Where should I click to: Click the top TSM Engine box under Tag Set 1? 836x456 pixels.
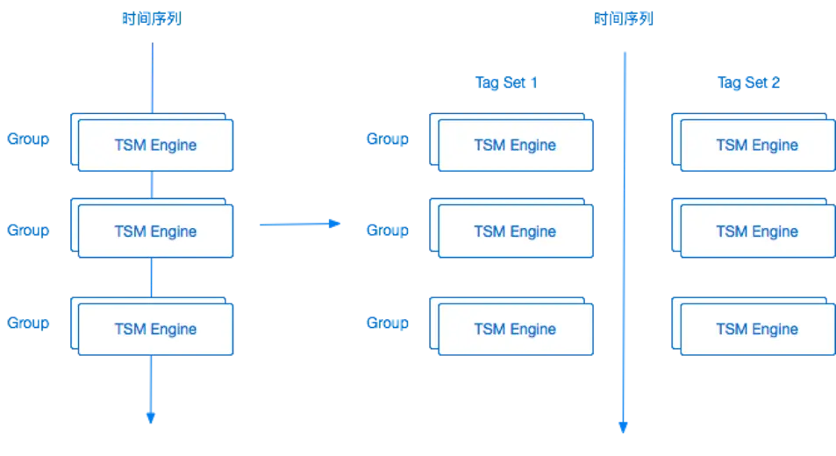pyautogui.click(x=515, y=145)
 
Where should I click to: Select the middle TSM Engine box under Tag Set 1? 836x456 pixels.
pyautogui.click(x=515, y=232)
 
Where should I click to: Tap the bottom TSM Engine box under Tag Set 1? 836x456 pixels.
pyautogui.click(x=515, y=329)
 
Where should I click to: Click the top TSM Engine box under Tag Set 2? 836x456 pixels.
pyautogui.click(x=757, y=145)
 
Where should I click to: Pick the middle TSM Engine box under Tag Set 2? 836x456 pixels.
pyautogui.click(x=757, y=232)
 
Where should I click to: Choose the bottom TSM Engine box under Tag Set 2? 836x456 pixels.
pyautogui.click(x=757, y=329)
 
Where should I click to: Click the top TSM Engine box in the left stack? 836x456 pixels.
pyautogui.click(x=155, y=145)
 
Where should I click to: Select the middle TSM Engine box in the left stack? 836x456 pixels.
pyautogui.click(x=155, y=232)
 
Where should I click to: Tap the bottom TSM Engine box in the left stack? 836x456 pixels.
pyautogui.click(x=155, y=329)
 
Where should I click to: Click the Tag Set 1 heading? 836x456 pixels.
pyautogui.click(x=506, y=83)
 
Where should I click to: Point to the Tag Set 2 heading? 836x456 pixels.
pyautogui.click(x=748, y=83)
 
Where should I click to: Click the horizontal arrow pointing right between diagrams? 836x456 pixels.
pyautogui.click(x=298, y=224)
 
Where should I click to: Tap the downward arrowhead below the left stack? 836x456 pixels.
pyautogui.click(x=151, y=418)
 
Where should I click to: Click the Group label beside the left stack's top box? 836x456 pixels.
pyautogui.click(x=29, y=139)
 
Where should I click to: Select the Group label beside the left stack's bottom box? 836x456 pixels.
pyautogui.click(x=29, y=323)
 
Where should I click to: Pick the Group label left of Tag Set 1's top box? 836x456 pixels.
pyautogui.click(x=388, y=139)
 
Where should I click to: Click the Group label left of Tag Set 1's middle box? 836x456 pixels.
pyautogui.click(x=388, y=231)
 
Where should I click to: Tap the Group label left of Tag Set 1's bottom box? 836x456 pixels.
pyautogui.click(x=388, y=323)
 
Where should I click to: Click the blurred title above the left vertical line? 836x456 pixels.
pyautogui.click(x=150, y=18)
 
